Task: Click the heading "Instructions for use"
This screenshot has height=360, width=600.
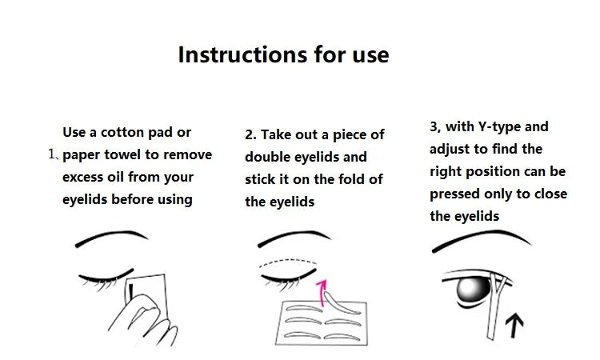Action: [283, 54]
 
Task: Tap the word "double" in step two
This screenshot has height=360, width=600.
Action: [270, 157]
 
